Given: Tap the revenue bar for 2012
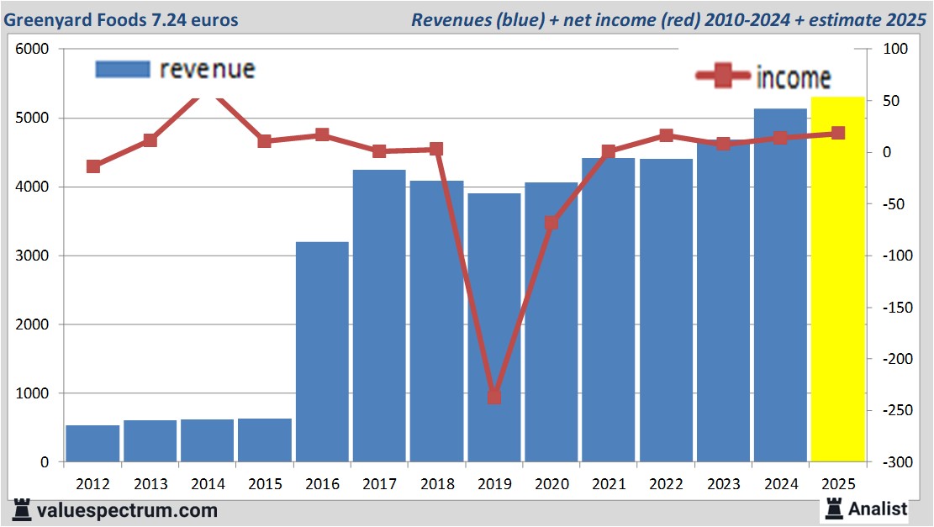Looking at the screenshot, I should pos(92,444).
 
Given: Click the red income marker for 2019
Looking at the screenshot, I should pos(494,397).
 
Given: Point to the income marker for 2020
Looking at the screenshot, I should pos(551,223).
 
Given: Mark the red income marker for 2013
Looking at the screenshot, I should pos(150,140).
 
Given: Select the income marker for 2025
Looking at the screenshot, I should pos(838,133).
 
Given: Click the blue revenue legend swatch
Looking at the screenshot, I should pos(123,69).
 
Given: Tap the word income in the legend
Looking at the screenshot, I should pos(794,78).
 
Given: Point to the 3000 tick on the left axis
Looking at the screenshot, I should pos(34,256).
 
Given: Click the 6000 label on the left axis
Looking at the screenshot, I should pos(34,50).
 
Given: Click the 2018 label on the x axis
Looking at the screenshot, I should pos(436,484).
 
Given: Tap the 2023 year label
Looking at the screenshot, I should pos(724,484).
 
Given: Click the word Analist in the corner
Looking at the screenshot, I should pos(878,509).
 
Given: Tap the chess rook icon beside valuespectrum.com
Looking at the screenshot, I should pos(23,509).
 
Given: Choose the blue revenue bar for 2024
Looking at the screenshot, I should pos(780,286).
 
